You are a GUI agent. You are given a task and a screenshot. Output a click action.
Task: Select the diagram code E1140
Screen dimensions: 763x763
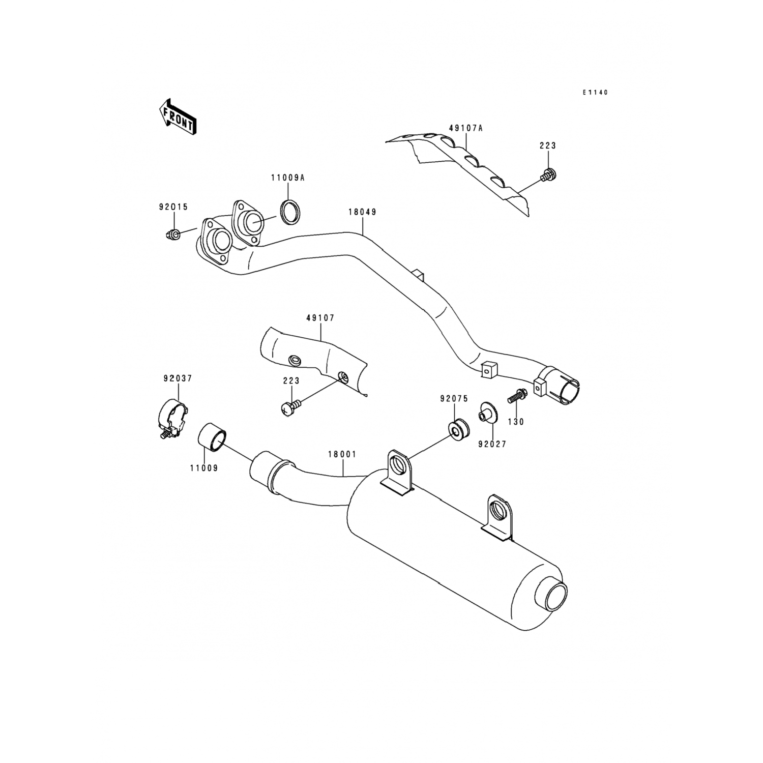point(595,93)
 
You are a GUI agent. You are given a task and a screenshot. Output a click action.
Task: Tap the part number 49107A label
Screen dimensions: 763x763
point(465,128)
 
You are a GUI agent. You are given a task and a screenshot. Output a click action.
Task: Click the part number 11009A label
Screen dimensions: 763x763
point(287,178)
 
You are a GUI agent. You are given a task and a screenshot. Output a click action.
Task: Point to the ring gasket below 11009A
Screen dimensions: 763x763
point(290,211)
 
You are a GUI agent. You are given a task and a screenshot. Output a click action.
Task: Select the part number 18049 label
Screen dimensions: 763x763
point(362,212)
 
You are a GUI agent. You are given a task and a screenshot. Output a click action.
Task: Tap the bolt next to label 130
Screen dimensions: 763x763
point(516,396)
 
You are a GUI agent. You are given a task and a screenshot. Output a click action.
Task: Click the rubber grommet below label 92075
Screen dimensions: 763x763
point(458,429)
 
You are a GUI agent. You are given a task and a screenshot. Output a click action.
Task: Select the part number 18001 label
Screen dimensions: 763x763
point(342,454)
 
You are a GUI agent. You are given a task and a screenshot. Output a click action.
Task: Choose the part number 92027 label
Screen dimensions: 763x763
point(492,444)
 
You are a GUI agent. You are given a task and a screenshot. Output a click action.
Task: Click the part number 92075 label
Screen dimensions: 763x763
point(454,399)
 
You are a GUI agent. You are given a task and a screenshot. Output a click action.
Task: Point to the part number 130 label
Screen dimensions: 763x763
point(516,422)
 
